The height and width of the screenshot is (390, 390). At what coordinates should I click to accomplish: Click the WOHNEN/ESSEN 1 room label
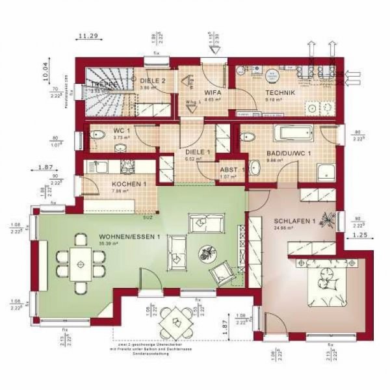(129, 237)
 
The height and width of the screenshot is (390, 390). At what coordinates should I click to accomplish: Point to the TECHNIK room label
(280, 93)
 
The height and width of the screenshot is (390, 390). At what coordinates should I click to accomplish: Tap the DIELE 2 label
(153, 81)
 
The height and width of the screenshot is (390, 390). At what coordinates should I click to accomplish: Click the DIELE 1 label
(198, 151)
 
